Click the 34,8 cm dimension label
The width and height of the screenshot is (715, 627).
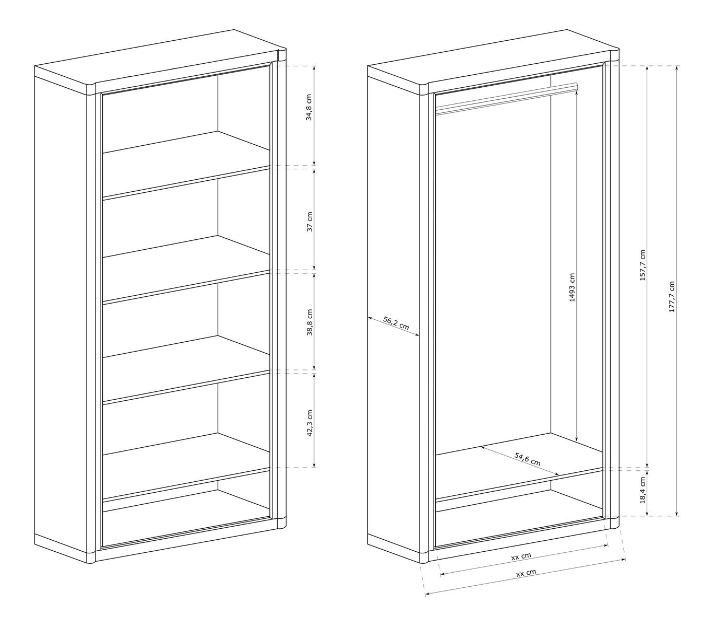tap(309, 107)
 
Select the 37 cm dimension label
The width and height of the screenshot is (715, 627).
tap(309, 221)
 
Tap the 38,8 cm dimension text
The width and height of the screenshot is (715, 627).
tap(309, 322)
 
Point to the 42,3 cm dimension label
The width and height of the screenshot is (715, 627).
tap(309, 423)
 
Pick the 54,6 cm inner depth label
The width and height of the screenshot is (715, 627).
tap(527, 459)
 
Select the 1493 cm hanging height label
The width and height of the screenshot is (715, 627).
tap(571, 287)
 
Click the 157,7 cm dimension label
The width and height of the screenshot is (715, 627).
tap(642, 265)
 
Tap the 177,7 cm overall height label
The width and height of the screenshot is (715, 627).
tap(671, 297)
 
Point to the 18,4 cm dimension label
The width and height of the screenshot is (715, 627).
tap(642, 490)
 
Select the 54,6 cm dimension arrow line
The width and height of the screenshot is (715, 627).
tap(520, 461)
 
